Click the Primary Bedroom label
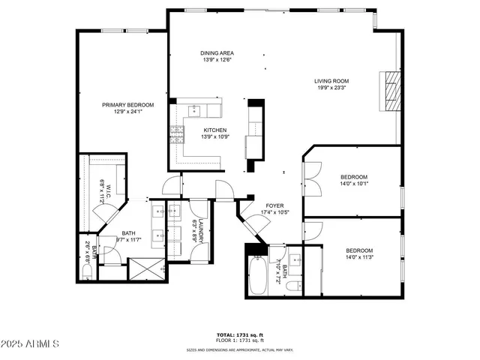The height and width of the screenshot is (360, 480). tap(128, 105)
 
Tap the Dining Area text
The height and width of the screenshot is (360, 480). tap(217, 53)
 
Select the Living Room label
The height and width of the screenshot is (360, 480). tap(331, 81)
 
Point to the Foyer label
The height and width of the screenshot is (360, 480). tap(274, 205)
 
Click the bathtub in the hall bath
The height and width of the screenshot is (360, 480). tap(256, 275)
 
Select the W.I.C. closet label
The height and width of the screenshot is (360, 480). tap(105, 192)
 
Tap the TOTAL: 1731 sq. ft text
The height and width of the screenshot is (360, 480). tap(240, 335)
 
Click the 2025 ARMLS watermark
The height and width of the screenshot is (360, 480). tap(31, 343)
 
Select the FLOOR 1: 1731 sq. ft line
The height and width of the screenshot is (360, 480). tap(240, 341)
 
